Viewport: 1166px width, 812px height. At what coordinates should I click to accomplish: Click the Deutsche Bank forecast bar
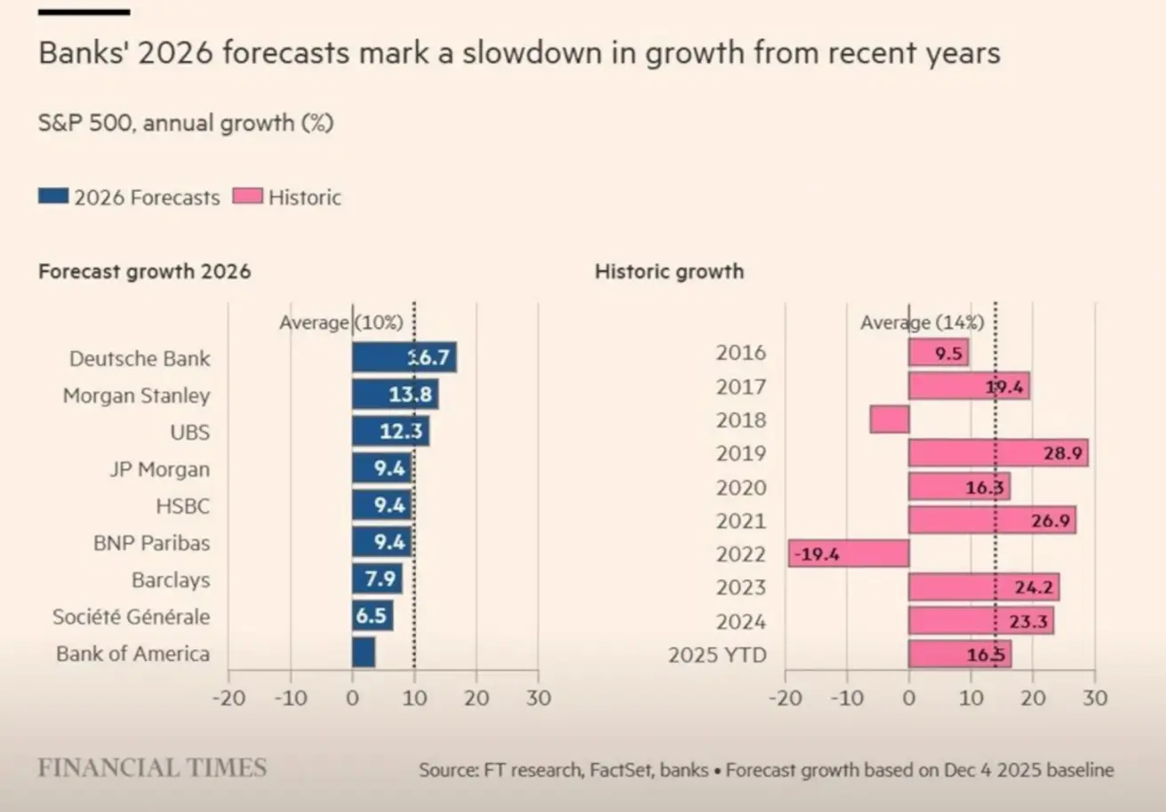point(404,357)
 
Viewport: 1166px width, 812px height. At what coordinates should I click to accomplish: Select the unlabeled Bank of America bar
point(363,653)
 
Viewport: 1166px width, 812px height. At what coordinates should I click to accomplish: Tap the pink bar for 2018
point(890,419)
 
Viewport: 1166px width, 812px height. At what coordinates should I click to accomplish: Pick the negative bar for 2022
point(849,553)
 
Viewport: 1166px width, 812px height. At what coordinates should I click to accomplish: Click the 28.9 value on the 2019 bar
point(1063,453)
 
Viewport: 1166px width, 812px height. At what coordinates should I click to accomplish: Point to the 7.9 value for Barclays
point(380,579)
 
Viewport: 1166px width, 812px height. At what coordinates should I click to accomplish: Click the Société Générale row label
point(132,617)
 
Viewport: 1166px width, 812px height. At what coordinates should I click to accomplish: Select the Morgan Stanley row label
point(136,395)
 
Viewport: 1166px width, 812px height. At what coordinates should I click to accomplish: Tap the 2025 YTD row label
point(716,656)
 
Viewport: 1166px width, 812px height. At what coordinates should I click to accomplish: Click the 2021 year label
point(740,521)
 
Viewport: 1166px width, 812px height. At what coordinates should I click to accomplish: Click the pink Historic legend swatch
point(247,196)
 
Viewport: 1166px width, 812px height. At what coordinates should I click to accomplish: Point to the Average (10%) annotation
point(341,322)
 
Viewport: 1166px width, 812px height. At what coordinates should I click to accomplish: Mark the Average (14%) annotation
point(922,322)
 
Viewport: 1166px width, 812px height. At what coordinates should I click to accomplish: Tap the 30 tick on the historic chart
point(1095,697)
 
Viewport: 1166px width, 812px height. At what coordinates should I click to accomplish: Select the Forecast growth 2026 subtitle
point(144,272)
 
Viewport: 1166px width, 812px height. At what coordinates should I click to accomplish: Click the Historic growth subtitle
point(668,272)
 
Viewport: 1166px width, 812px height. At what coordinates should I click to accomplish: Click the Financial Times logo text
point(152,768)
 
